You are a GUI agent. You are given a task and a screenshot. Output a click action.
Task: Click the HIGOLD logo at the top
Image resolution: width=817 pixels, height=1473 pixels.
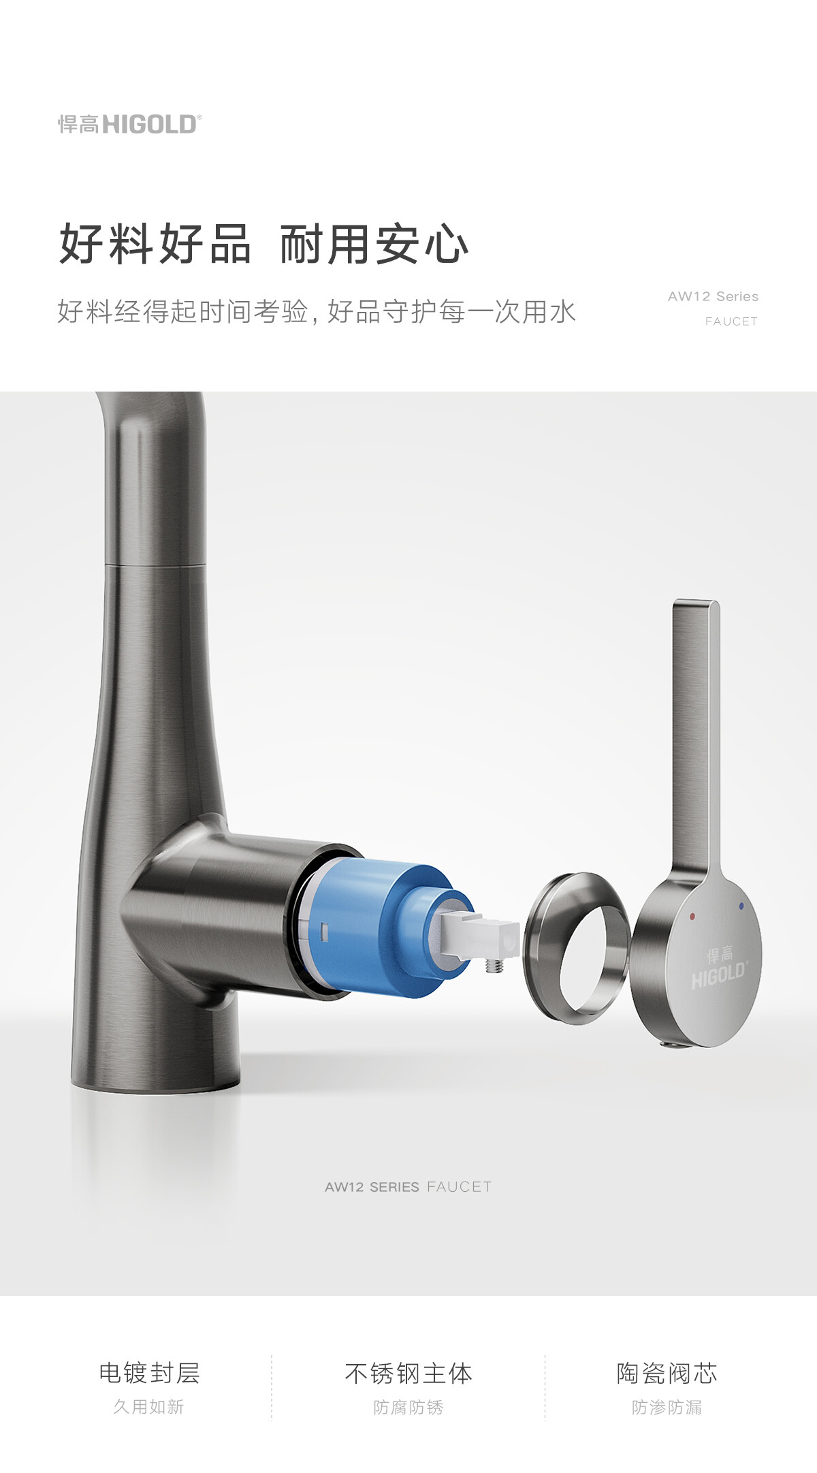[x=129, y=124]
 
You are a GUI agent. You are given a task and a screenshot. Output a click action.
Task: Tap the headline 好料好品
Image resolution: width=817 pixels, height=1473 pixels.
[x=155, y=244]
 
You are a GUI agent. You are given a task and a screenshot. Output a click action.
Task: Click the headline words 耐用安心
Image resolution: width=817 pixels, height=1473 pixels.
[x=374, y=244]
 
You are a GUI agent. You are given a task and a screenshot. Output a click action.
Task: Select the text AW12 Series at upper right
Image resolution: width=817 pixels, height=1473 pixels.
[x=713, y=296]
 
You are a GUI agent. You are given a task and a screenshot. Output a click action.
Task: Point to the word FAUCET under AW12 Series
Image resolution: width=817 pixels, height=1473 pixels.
[x=731, y=321]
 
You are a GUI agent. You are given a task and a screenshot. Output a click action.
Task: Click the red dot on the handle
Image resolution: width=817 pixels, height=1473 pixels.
[x=692, y=916]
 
